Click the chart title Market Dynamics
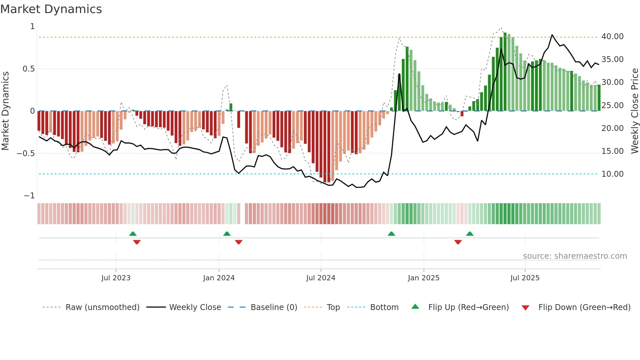point(51,9)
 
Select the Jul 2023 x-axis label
point(116,278)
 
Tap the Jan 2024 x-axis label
point(219,278)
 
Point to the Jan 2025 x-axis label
point(424,278)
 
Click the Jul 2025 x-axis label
point(525,278)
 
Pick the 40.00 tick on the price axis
point(612,37)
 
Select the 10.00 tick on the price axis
point(612,174)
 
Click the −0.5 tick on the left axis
point(25,154)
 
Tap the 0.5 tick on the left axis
point(28,69)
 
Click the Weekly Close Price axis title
point(634,111)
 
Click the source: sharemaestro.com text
point(575,256)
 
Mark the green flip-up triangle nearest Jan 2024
point(227,234)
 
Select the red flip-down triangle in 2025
point(458,242)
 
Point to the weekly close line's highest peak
point(552,35)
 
